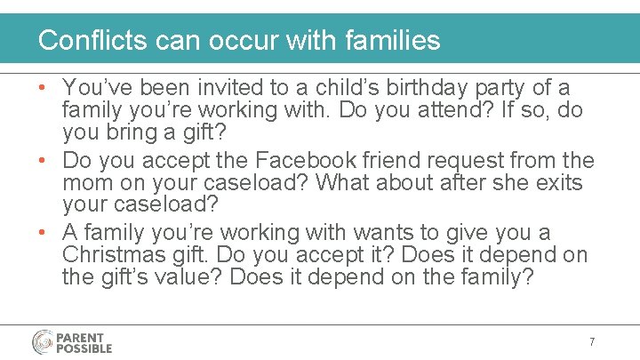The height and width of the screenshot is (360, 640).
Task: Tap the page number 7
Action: click(x=591, y=342)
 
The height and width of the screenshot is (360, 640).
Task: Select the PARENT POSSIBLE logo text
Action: click(x=85, y=342)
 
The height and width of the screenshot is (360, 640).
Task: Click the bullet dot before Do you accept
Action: click(x=44, y=162)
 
